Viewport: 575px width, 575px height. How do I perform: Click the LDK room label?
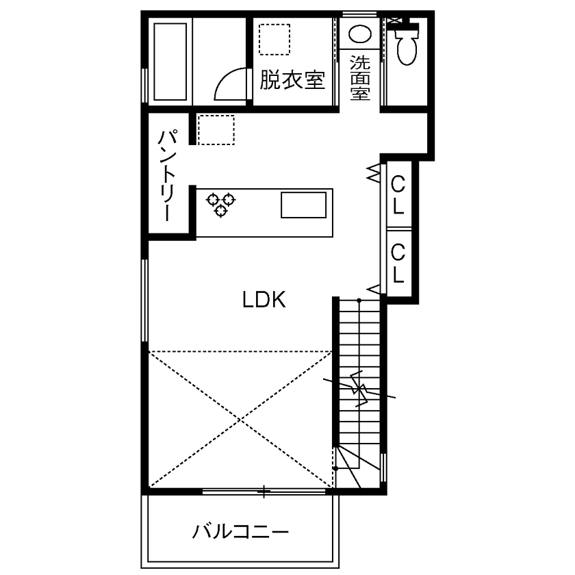264,300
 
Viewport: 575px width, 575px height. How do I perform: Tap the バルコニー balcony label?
241,531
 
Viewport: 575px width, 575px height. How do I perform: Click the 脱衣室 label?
291,81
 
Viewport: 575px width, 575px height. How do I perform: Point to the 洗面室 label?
360,78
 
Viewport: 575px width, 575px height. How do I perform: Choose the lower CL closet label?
398,264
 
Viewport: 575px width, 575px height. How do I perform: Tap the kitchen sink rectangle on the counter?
303,205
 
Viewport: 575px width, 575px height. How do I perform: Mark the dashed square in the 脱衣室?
274,39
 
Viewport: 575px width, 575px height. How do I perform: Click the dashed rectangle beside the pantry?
216,129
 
